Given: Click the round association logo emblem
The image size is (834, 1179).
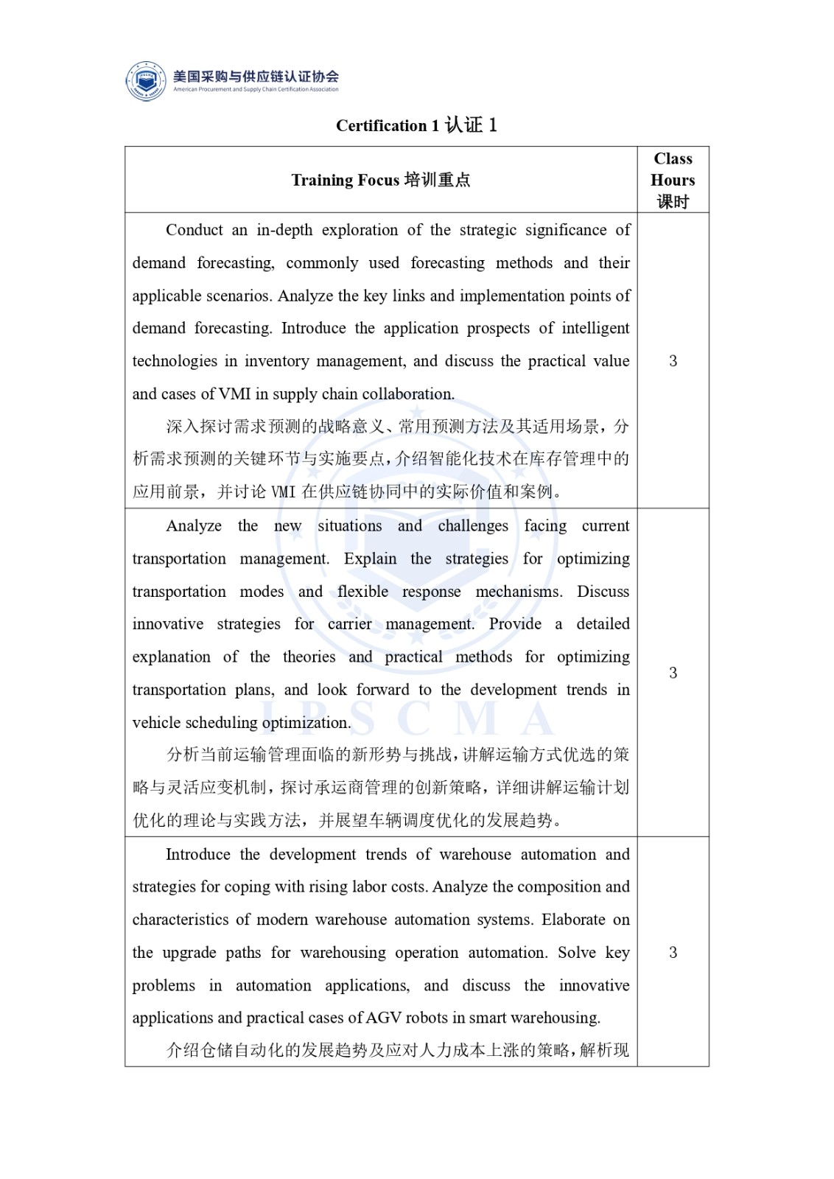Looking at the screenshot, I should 146,81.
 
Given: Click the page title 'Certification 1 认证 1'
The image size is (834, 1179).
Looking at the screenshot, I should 416,125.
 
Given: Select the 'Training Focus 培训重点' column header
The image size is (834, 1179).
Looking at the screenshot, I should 380,180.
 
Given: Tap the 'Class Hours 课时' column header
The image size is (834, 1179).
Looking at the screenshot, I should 673,180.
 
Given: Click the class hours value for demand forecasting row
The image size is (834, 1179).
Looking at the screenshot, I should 673,360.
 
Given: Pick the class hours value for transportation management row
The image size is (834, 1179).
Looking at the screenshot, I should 673,672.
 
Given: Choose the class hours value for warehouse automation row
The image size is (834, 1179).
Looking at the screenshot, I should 673,952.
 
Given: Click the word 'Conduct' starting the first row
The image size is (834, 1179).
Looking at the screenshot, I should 194,230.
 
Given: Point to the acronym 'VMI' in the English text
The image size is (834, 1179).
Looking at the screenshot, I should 234,393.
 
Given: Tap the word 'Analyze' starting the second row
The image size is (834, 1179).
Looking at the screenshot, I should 194,525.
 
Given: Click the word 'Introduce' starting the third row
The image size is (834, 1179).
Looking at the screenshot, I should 197,854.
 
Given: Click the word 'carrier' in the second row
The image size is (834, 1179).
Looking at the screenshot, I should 350,624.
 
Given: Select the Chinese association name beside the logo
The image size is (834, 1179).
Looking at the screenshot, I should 256,76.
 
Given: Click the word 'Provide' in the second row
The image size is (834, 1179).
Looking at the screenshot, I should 515,624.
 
